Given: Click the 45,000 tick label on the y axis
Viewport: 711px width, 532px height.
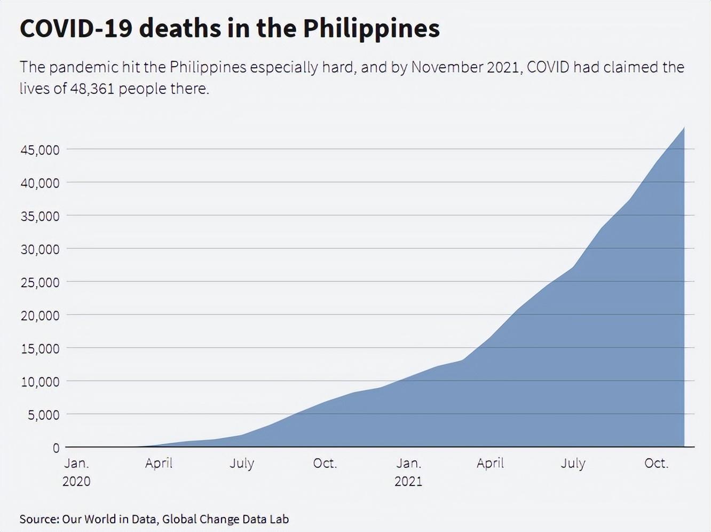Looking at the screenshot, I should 40,150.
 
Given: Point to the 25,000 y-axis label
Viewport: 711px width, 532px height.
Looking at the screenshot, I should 40,283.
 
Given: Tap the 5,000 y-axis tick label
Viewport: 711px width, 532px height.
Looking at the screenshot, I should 44,415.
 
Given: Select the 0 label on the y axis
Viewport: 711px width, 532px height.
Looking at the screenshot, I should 56,448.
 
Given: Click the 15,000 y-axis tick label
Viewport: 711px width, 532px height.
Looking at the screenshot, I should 40,349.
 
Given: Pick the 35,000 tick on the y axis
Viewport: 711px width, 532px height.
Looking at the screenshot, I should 40,216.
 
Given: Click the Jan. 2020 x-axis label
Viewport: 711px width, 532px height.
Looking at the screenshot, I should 76,472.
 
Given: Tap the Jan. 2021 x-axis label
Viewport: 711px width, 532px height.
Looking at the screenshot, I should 408,472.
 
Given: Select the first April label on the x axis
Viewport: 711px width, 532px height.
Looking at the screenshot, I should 159,463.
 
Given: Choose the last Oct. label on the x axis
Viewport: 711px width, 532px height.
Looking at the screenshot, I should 656,463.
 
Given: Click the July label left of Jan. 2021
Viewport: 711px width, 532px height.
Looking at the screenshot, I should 242,463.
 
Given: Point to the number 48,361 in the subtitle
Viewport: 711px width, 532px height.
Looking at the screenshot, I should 92,89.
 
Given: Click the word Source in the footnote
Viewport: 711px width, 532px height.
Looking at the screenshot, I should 39,519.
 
